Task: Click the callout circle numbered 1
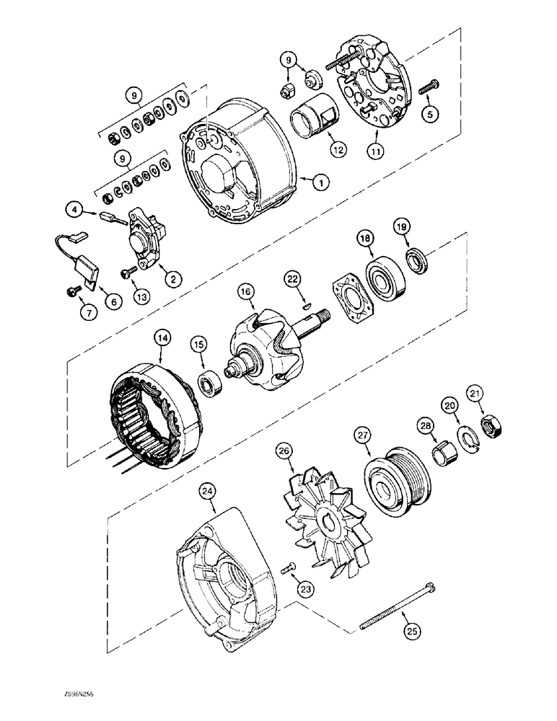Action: pos(316,183)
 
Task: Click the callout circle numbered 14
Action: pos(160,337)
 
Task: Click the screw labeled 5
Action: pos(427,87)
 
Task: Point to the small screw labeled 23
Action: pos(288,571)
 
